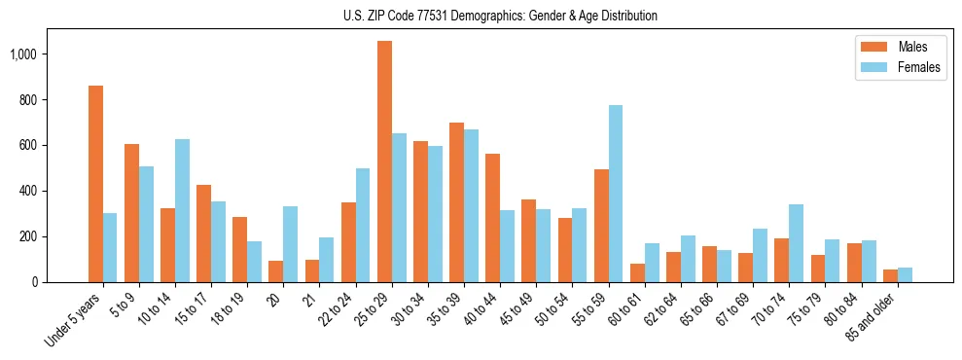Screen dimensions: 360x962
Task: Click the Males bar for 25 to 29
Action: pos(384,162)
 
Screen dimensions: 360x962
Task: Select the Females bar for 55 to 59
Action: pos(616,194)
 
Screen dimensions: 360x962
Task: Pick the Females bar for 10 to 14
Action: pos(182,210)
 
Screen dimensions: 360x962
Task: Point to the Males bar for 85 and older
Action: pos(890,275)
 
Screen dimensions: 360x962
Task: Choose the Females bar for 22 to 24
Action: pos(363,225)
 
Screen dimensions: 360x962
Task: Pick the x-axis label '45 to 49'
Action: pos(513,310)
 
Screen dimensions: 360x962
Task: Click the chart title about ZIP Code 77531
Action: pos(500,16)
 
